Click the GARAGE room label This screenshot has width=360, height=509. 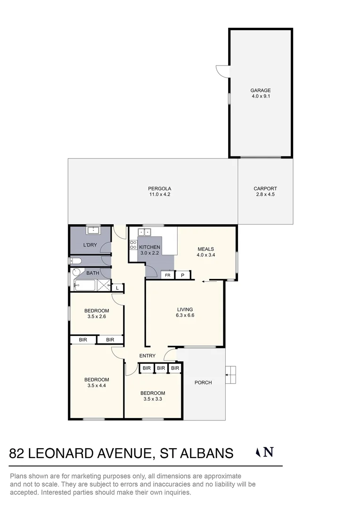[260, 90]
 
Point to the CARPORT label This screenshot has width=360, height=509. [265, 189]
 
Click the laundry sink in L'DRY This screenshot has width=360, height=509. [93, 230]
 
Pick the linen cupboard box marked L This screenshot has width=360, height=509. [117, 287]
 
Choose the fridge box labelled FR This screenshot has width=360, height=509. [167, 275]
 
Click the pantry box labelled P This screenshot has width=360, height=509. [182, 275]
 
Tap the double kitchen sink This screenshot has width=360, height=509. [145, 231]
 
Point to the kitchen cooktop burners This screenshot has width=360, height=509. [132, 245]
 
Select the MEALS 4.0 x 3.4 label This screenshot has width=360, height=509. [205, 252]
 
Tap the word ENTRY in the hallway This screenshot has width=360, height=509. [147, 356]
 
